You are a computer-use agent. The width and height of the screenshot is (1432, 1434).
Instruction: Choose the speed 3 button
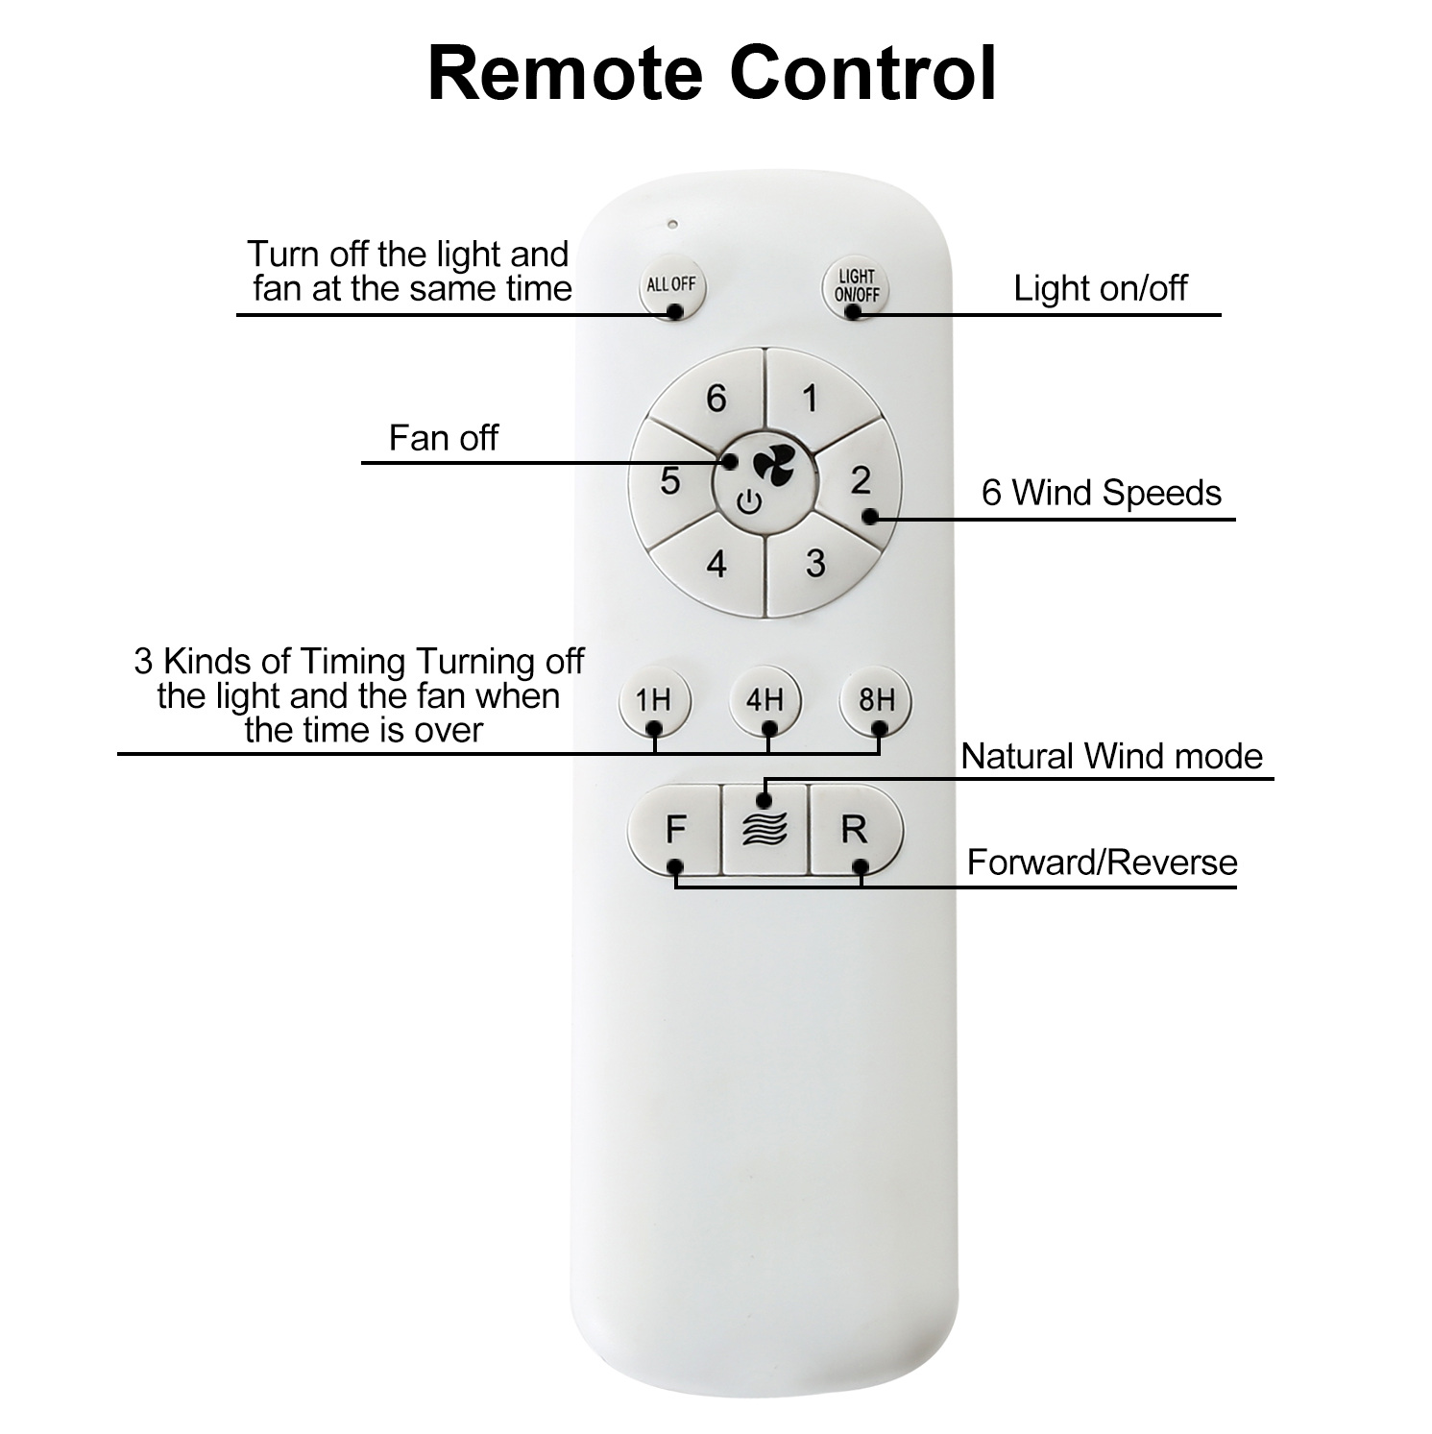814,563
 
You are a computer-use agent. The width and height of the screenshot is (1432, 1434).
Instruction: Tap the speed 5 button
670,480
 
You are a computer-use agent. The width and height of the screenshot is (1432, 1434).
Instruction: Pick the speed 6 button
716,397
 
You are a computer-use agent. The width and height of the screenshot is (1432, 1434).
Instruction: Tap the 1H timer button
653,700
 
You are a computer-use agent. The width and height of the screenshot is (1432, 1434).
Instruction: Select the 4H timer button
765,700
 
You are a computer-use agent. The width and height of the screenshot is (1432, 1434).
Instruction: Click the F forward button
674,829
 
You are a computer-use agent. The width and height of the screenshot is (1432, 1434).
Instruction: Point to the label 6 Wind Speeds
1102,493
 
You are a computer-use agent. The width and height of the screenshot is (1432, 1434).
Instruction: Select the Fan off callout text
444,438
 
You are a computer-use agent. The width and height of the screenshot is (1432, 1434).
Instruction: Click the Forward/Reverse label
1102,863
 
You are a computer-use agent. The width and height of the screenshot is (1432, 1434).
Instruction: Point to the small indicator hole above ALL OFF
672,225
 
